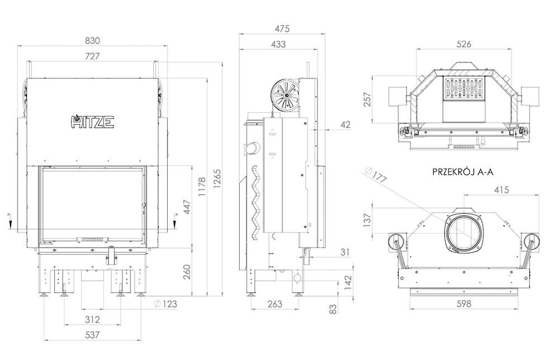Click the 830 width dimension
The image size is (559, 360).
(x=92, y=41)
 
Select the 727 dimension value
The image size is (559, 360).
(x=92, y=56)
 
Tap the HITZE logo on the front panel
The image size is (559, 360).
(x=92, y=121)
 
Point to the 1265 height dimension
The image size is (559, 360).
(x=217, y=178)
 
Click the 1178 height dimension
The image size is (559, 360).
(x=202, y=187)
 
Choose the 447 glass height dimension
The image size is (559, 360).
(x=187, y=207)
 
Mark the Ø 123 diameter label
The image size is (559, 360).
(x=165, y=304)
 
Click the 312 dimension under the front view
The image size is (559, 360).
(x=92, y=319)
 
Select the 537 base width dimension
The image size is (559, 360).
(x=92, y=335)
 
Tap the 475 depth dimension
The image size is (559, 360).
(x=282, y=29)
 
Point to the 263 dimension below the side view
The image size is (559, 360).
(x=274, y=304)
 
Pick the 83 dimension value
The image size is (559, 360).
(x=333, y=309)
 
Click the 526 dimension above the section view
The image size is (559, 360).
(x=463, y=44)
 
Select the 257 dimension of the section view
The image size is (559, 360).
(x=367, y=100)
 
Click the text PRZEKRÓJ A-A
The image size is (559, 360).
(x=463, y=172)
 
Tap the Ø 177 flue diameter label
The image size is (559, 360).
(x=376, y=174)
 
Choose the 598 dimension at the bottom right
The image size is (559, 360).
(x=463, y=304)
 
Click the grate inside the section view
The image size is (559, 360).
(x=464, y=88)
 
